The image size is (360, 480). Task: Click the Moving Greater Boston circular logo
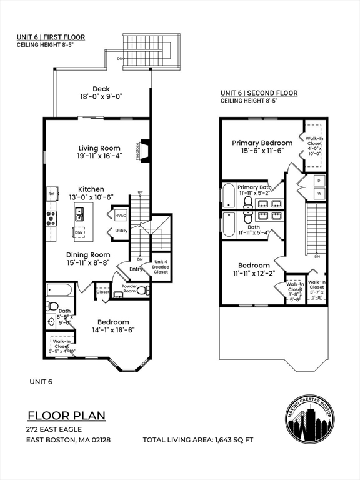click(x=309, y=418)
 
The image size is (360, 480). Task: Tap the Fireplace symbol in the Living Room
click(x=144, y=150)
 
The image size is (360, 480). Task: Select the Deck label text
click(x=101, y=89)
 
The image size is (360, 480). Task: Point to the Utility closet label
click(x=121, y=231)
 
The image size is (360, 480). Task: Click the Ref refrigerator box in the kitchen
click(x=52, y=194)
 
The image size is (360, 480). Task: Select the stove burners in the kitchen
click(x=51, y=217)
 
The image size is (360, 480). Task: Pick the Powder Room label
click(x=129, y=289)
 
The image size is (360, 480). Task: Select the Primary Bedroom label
click(x=262, y=142)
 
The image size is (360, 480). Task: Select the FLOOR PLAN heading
click(x=66, y=416)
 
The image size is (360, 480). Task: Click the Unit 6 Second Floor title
click(x=259, y=93)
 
